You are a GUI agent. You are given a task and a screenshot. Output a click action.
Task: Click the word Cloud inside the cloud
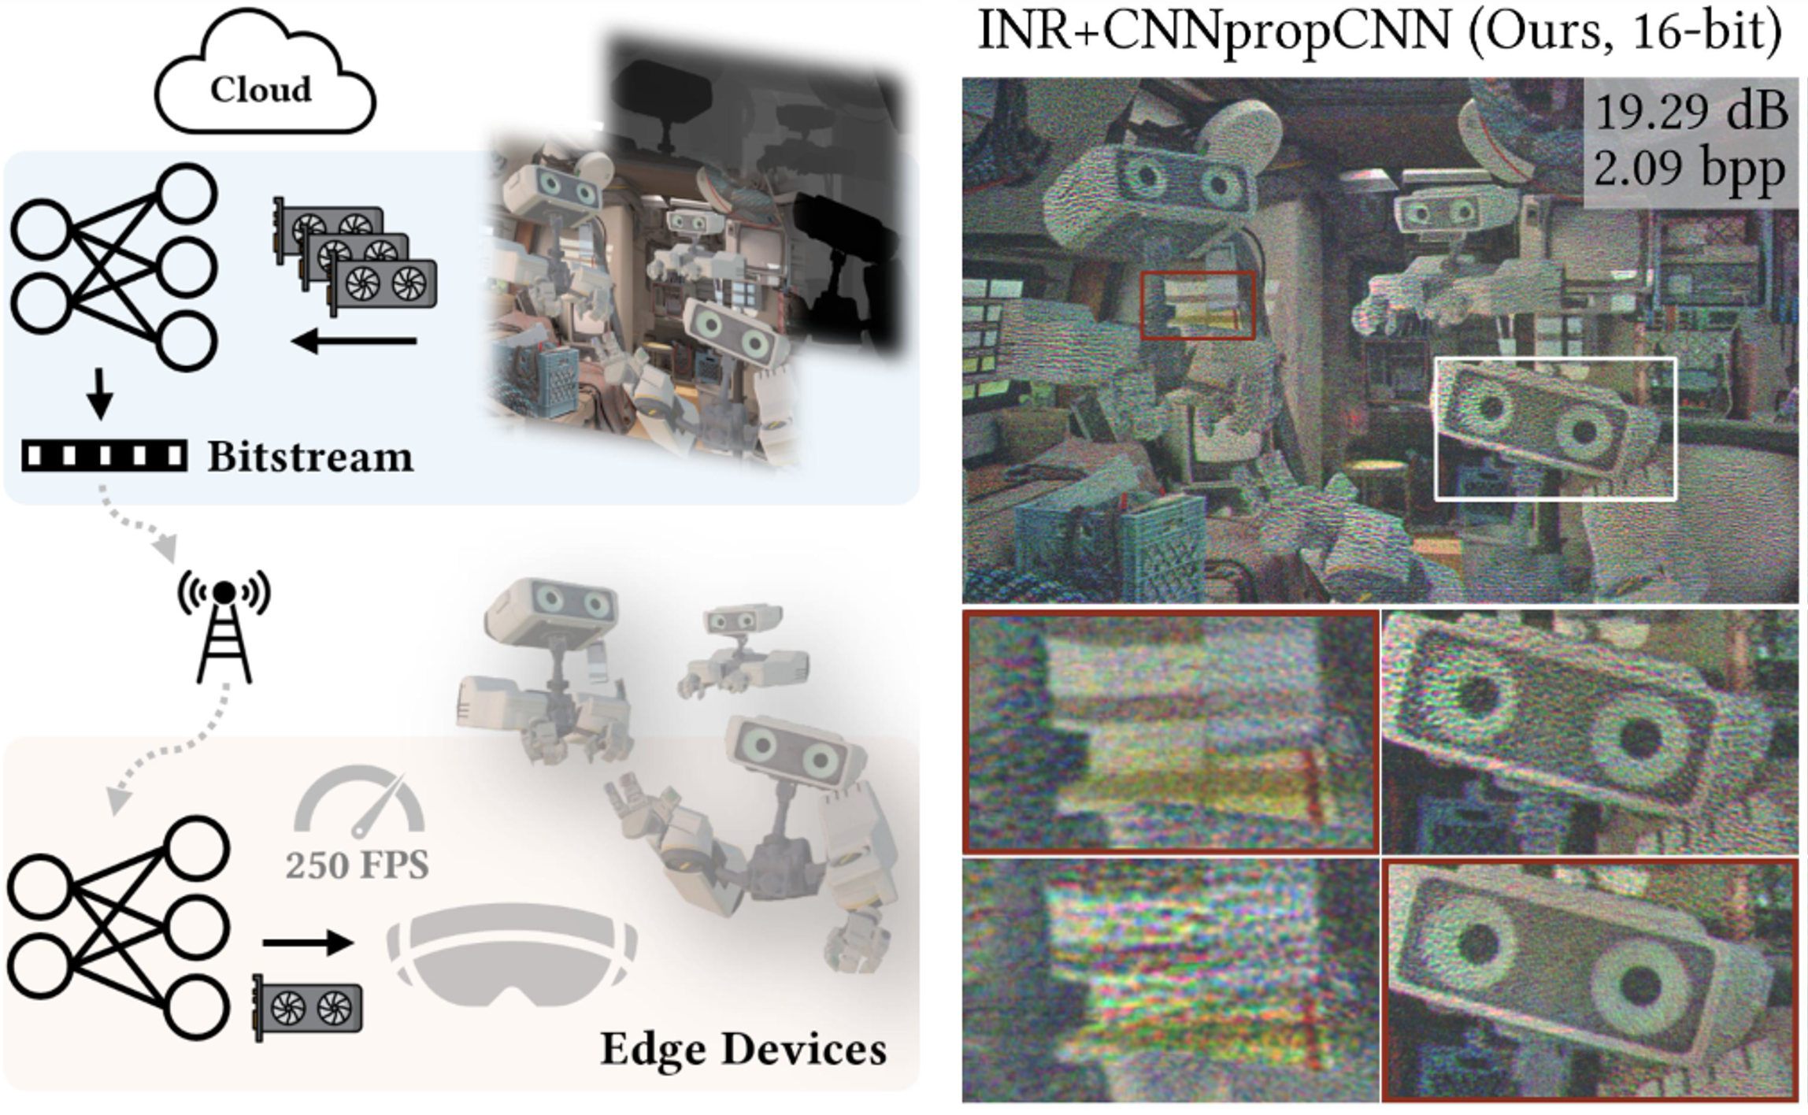pyautogui.click(x=261, y=90)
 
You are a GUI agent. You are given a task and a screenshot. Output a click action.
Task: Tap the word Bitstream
pyautogui.click(x=309, y=457)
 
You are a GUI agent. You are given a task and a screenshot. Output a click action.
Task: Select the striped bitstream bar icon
pyautogui.click(x=104, y=456)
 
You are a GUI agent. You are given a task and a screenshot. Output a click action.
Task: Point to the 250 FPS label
pyautogui.click(x=357, y=865)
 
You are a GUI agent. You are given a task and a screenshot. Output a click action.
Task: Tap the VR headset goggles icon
pyautogui.click(x=512, y=953)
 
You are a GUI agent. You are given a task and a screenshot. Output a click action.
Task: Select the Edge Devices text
pyautogui.click(x=743, y=1049)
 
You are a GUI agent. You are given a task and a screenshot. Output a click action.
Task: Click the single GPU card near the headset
pyautogui.click(x=308, y=1008)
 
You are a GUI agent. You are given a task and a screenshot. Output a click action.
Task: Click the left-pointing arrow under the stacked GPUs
pyautogui.click(x=354, y=341)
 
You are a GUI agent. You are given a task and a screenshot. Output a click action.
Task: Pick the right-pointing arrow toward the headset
pyautogui.click(x=308, y=943)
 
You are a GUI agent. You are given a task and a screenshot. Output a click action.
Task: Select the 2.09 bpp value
pyautogui.click(x=1689, y=168)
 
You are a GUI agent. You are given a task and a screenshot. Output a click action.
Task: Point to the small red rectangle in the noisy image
pyautogui.click(x=1198, y=306)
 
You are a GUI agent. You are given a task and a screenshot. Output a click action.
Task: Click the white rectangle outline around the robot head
pyautogui.click(x=1555, y=429)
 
